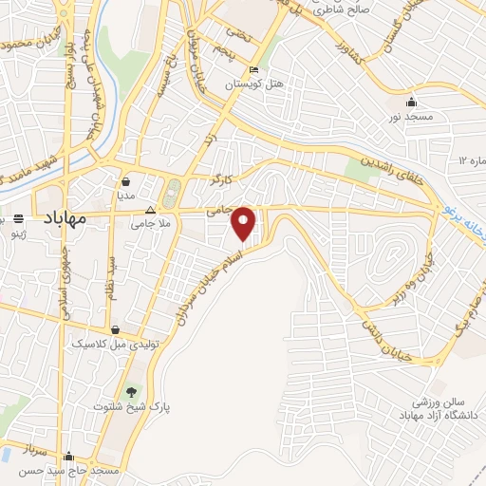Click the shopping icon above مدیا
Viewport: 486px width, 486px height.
126,180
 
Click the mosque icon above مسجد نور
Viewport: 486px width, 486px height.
410,103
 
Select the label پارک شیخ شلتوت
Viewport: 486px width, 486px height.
130,407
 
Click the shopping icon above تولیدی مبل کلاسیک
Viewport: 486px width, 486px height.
115,330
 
